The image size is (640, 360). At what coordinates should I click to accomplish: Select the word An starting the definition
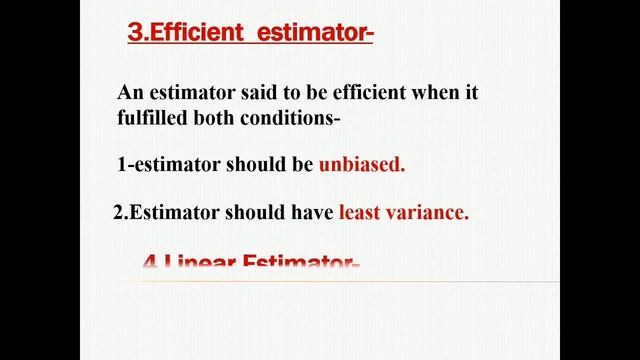tap(130, 93)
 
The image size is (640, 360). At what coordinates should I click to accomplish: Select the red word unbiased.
tap(362, 166)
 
